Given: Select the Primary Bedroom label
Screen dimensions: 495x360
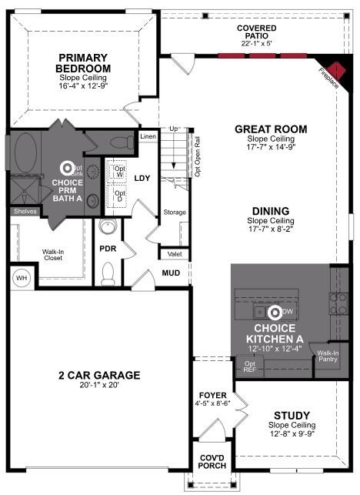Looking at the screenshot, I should [x=85, y=62].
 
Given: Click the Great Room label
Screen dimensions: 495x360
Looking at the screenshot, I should [x=271, y=129].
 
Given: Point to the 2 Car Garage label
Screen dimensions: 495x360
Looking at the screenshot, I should [x=99, y=375].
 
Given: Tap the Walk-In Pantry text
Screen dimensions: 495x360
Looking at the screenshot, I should [x=328, y=356].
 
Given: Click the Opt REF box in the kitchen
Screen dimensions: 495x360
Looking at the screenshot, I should [x=250, y=366].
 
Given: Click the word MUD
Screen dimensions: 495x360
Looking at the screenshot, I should [x=171, y=273].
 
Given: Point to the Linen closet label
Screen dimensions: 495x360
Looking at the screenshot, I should [x=148, y=136].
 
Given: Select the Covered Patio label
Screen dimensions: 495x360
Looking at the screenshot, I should [x=257, y=32].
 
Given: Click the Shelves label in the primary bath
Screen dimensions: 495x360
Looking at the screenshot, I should [x=24, y=211].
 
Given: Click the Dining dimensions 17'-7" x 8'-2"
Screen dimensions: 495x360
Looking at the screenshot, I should [x=271, y=229].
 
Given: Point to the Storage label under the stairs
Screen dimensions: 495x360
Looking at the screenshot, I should [x=175, y=212].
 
